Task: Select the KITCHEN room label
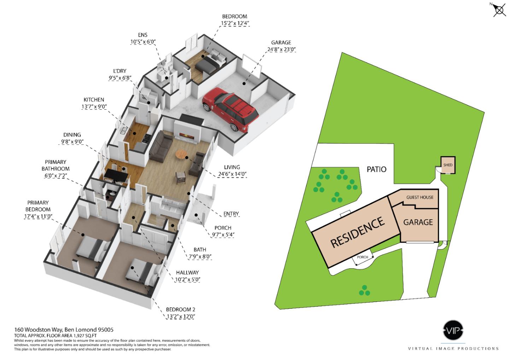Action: point(94,100)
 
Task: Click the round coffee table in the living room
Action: point(182,154)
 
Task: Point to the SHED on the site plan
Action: point(447,165)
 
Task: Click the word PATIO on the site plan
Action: point(376,169)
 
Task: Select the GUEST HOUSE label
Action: point(420,197)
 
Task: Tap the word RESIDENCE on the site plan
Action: point(357,232)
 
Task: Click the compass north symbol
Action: point(499,10)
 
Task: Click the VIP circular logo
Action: point(453,330)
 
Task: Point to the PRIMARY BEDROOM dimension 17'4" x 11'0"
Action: point(38,216)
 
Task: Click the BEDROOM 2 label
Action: point(181,310)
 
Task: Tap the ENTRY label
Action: point(231,214)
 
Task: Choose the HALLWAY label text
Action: point(187,273)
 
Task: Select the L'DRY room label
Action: point(119,71)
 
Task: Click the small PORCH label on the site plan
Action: point(362,257)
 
